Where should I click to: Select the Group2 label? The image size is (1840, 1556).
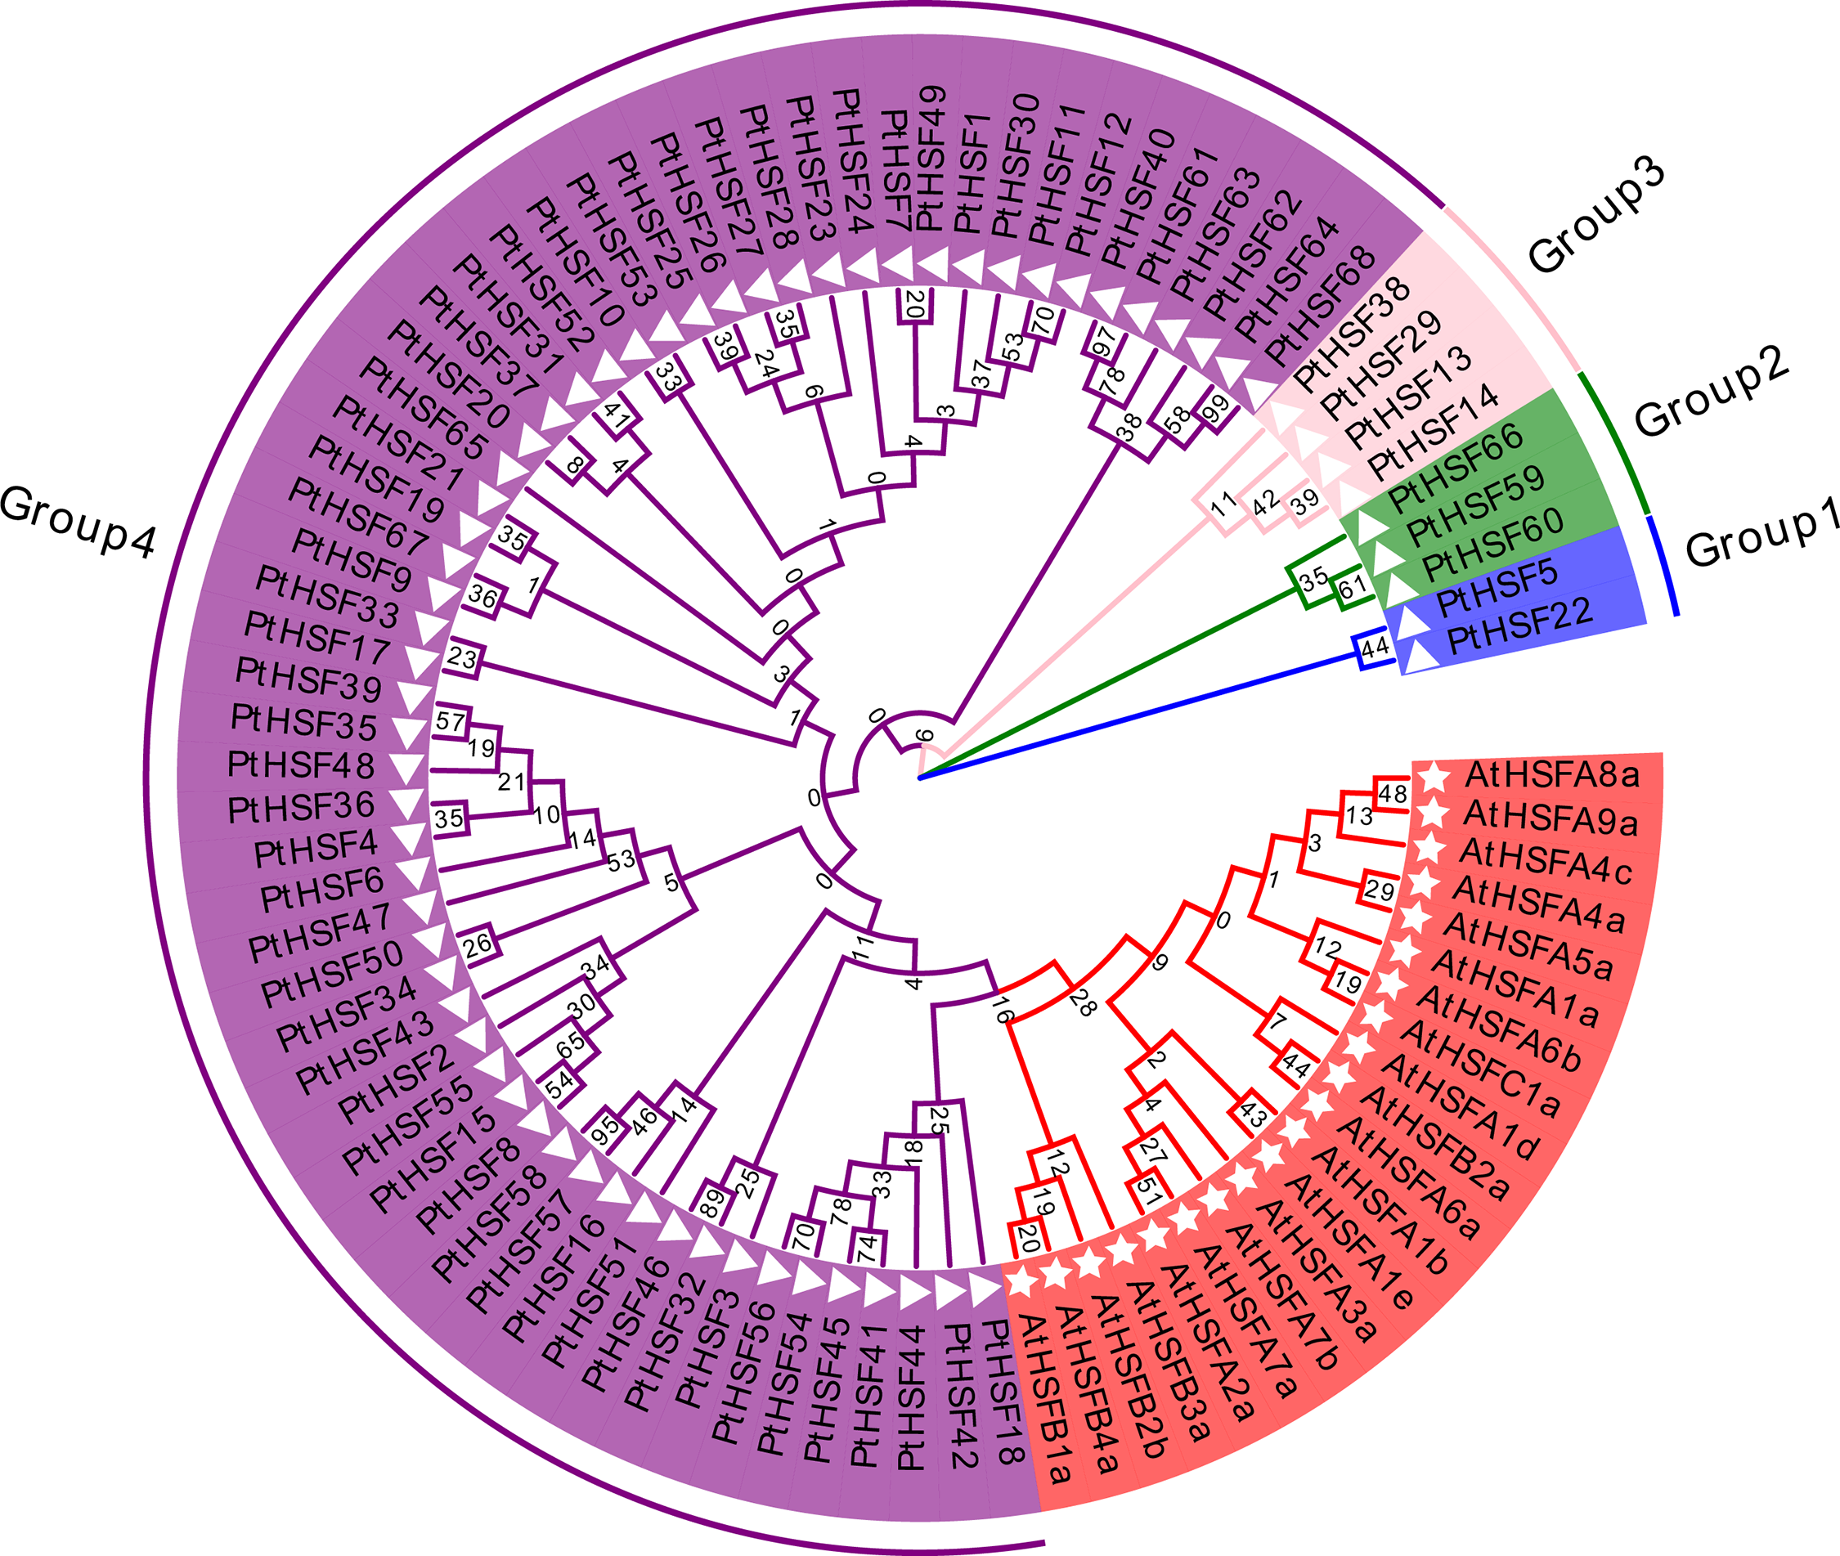(1712, 391)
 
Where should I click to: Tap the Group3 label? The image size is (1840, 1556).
(1596, 216)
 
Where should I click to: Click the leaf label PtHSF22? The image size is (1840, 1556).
(1519, 626)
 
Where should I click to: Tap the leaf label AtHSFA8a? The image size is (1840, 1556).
(1551, 775)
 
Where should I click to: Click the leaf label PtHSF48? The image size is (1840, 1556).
(301, 765)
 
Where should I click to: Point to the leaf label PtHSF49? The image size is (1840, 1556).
(931, 159)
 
